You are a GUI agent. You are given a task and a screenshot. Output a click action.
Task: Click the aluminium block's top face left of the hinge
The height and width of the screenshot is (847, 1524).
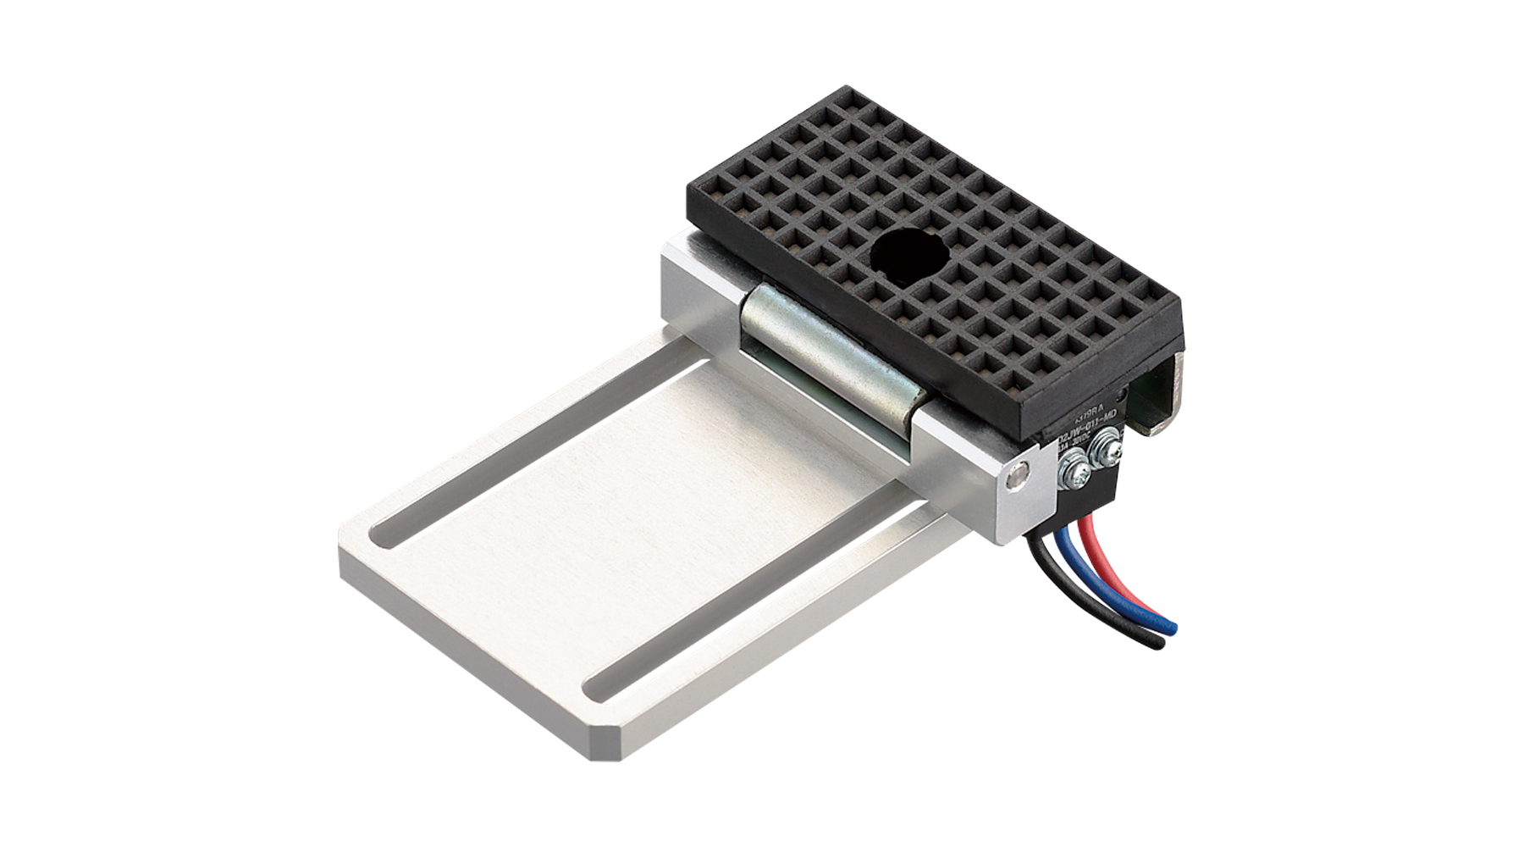coord(703,263)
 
